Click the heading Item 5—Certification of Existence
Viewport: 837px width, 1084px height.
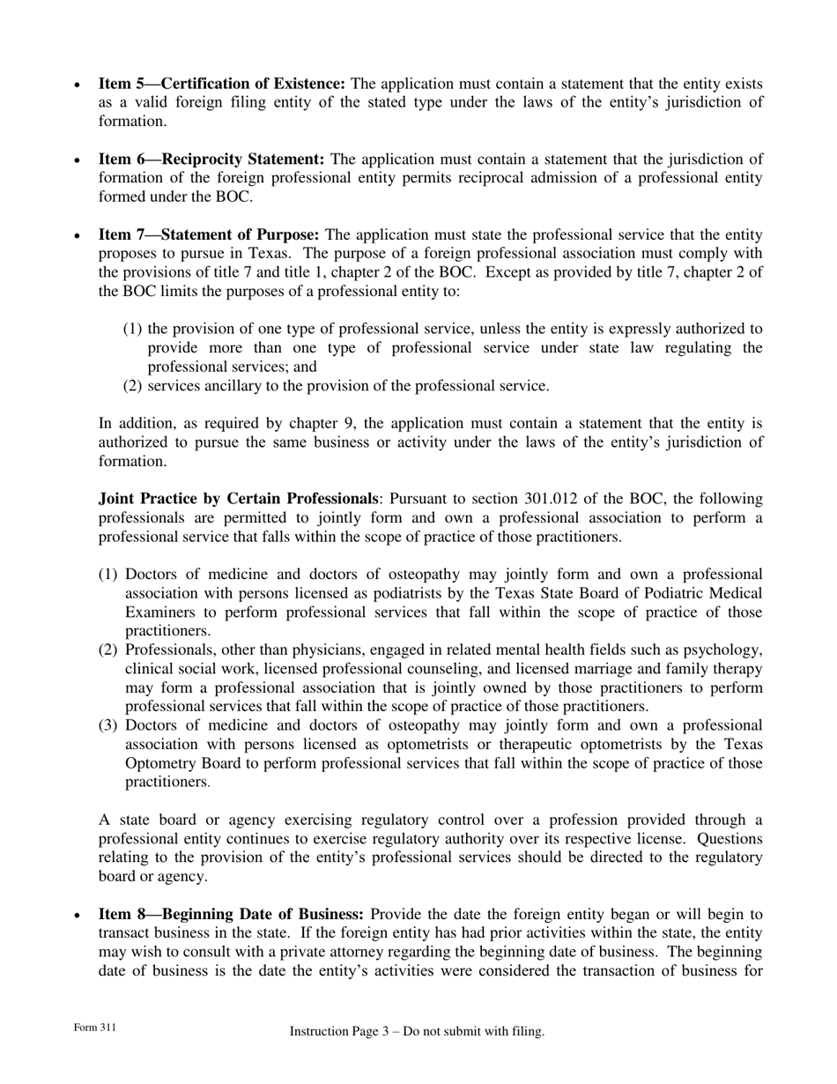coord(221,85)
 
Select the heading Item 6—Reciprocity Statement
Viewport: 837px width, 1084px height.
coord(211,160)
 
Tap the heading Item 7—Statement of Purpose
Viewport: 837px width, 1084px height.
coord(209,235)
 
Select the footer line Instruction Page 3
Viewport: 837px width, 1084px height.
coord(417,1031)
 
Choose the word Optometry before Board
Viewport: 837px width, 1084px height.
coord(163,763)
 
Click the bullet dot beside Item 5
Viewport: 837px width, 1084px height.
coord(78,85)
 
